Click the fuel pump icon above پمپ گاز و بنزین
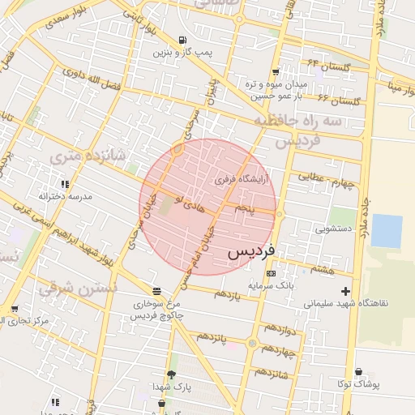click(x=183, y=40)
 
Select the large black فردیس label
click(x=252, y=250)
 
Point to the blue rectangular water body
click(x=386, y=231)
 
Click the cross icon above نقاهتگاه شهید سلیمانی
click(x=346, y=291)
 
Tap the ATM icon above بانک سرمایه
click(x=271, y=274)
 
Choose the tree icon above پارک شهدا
click(x=171, y=374)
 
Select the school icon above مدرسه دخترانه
click(x=65, y=184)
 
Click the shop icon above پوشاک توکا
click(x=359, y=372)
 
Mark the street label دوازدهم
click(x=278, y=330)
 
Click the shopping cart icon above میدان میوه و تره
click(x=276, y=71)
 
